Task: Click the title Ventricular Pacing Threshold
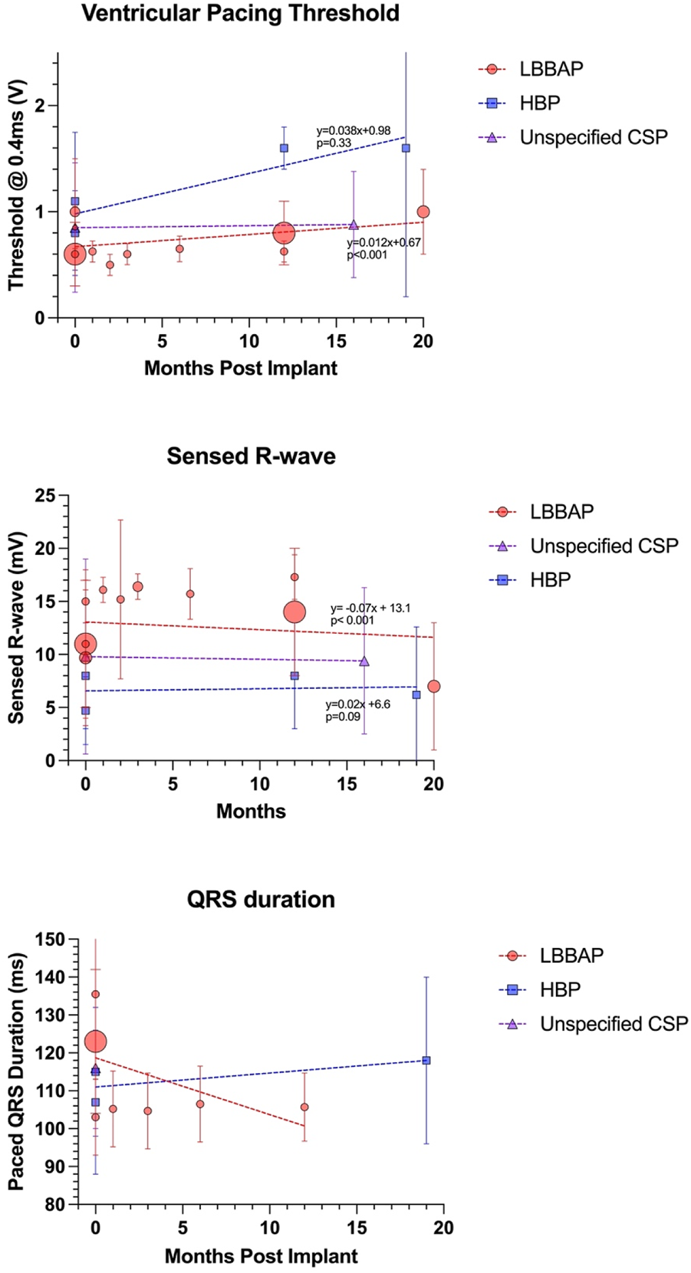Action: tap(240, 14)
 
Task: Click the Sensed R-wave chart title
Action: tap(251, 456)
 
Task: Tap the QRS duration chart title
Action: tap(261, 899)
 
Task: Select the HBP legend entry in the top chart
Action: tap(539, 103)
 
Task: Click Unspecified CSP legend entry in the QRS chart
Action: tap(614, 1024)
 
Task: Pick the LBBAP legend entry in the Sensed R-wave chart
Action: tap(561, 511)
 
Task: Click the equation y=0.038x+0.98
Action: tap(353, 131)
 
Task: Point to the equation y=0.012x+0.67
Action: tap(383, 243)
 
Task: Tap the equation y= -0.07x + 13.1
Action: tap(370, 608)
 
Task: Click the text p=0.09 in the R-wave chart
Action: tap(342, 717)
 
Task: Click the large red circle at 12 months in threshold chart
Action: tap(284, 232)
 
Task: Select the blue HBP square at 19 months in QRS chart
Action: tap(426, 1061)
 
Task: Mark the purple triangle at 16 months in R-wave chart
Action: tap(364, 661)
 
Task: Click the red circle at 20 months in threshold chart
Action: tap(423, 212)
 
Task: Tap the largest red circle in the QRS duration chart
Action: tap(95, 1042)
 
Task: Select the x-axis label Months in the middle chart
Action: tap(251, 811)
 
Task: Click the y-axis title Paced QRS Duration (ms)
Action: tap(17, 1071)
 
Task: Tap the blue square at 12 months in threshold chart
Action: tap(284, 148)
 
